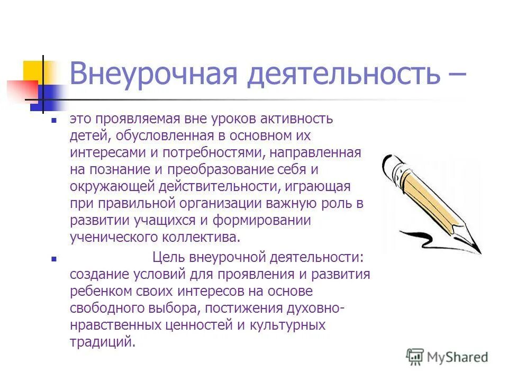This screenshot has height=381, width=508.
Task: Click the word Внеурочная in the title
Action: click(153, 74)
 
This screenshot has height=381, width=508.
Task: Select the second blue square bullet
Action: click(53, 260)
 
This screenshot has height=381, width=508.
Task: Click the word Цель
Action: click(168, 257)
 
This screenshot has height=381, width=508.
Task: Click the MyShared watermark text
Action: click(458, 357)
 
